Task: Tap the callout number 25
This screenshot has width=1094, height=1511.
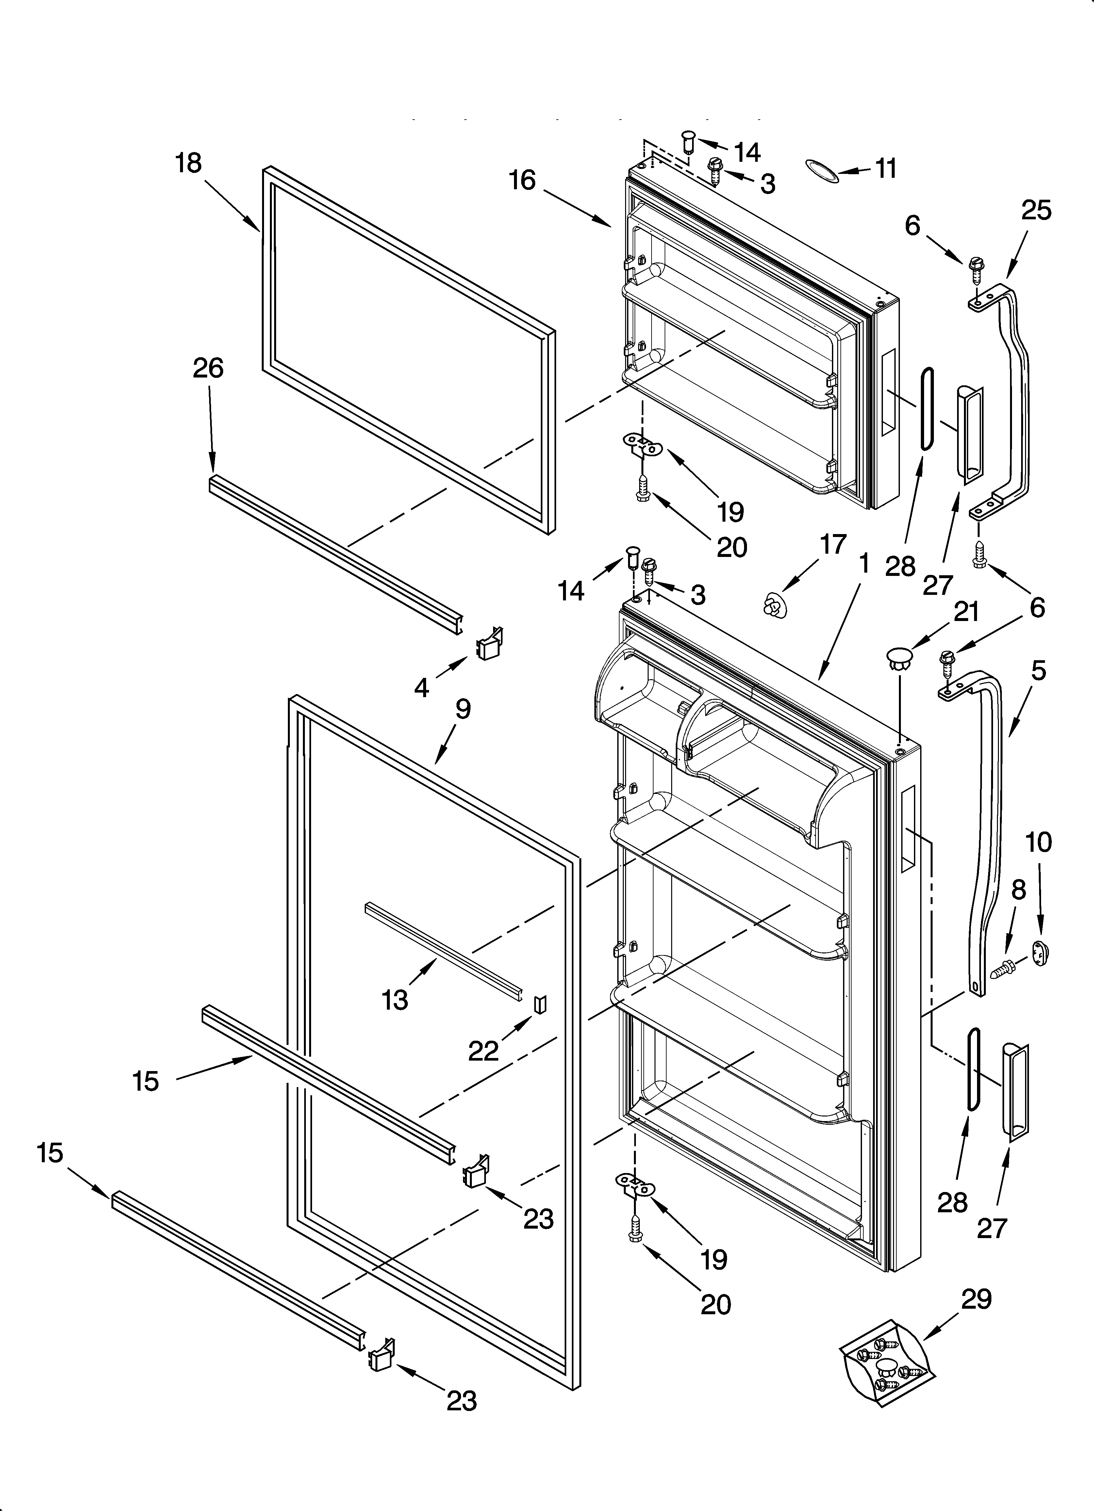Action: tap(1036, 210)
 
